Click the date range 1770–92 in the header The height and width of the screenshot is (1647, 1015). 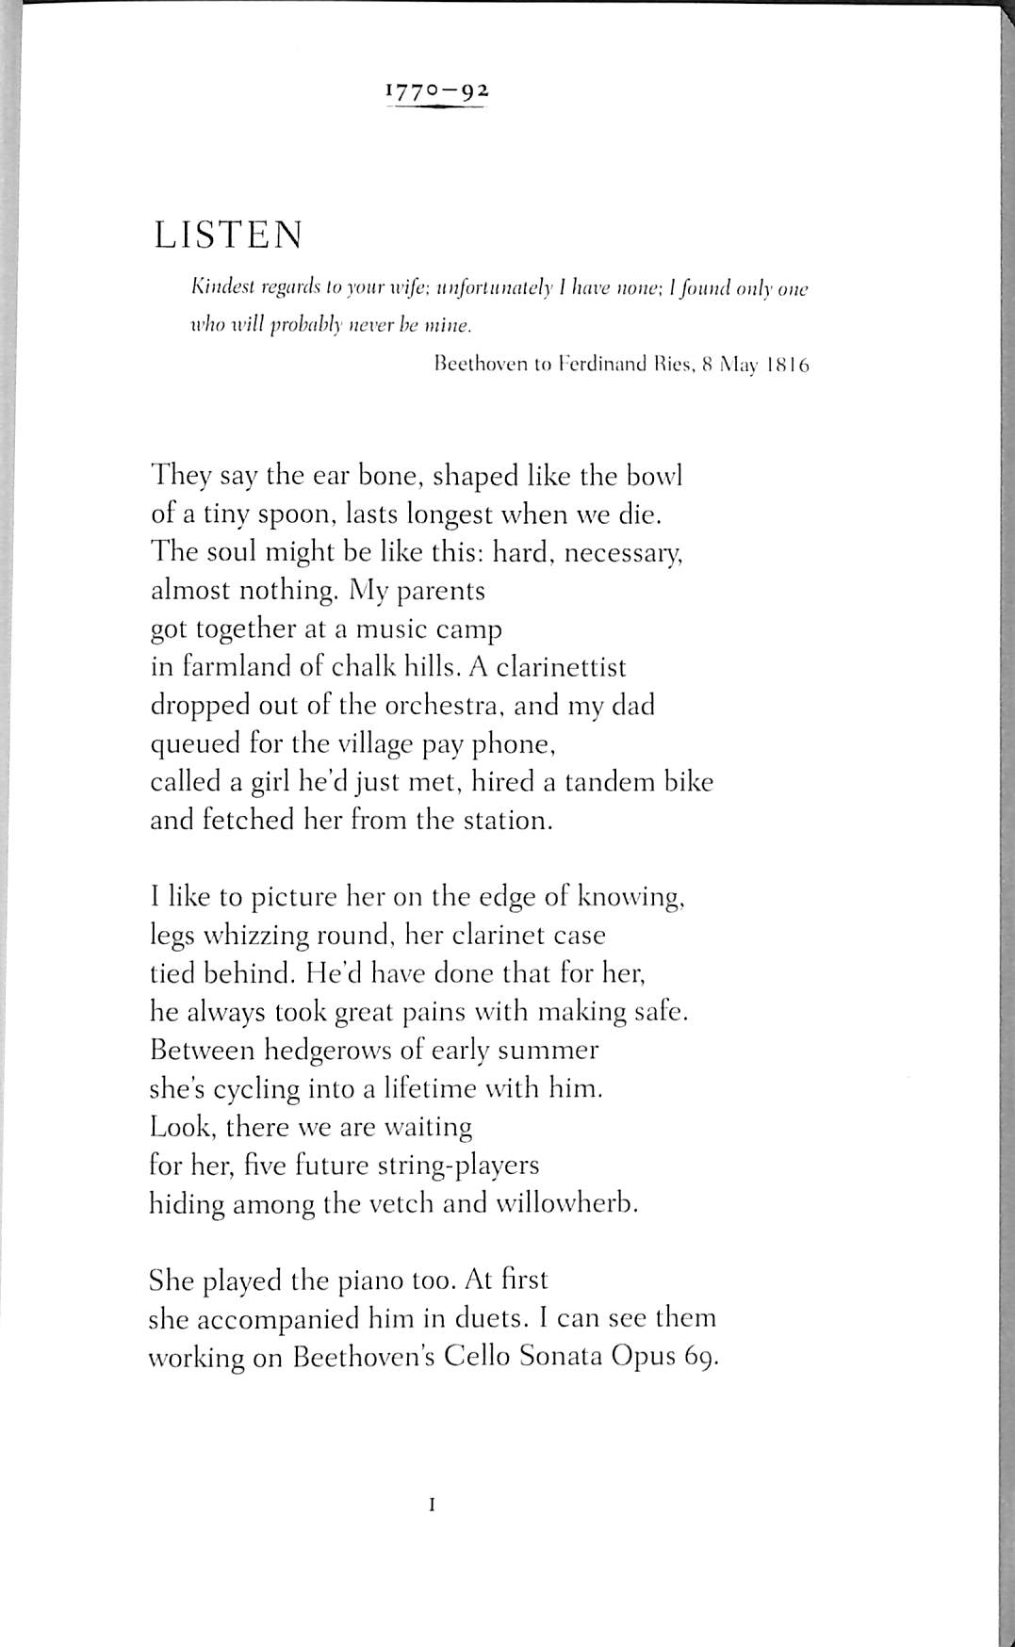437,91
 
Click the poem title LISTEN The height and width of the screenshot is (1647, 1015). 228,235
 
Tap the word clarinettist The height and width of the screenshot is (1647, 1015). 561,667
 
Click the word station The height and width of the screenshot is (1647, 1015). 506,820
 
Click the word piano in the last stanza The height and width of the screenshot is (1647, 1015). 358,1280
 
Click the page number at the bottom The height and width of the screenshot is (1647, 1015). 432,1506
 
